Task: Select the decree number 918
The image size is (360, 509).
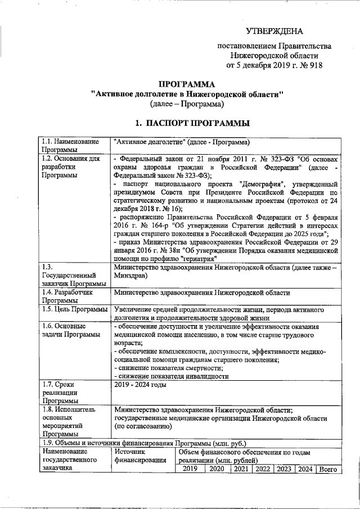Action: pos(316,65)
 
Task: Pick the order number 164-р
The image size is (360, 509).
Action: pos(162,224)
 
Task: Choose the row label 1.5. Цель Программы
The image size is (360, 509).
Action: pos(75,309)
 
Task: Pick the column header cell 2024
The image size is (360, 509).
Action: pos(305,469)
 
